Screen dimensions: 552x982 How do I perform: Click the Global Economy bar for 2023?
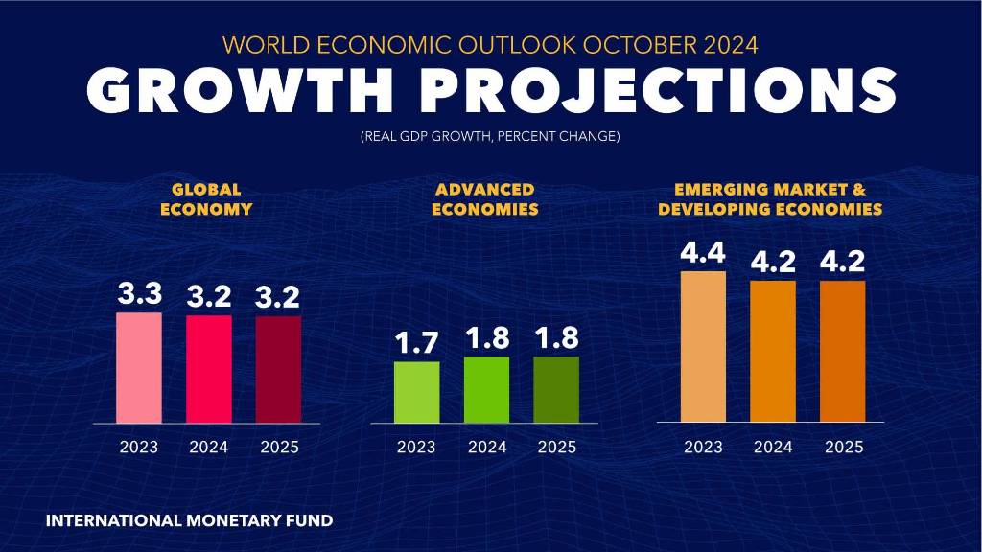click(x=139, y=368)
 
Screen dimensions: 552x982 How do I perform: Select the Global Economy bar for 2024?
click(x=209, y=369)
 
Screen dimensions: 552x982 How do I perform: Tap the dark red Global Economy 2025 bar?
click(x=278, y=369)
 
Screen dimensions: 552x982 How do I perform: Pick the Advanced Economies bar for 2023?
click(x=416, y=392)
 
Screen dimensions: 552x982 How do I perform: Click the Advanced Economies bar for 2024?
click(x=486, y=389)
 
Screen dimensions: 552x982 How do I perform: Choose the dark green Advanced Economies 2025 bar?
click(x=556, y=389)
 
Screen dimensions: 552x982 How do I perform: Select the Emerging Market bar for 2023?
click(x=703, y=347)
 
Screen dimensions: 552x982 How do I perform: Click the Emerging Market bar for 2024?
click(x=773, y=351)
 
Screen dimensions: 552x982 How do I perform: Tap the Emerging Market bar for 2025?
click(x=842, y=351)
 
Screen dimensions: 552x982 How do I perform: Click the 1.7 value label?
click(x=416, y=344)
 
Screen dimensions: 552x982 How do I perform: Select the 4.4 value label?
click(x=703, y=254)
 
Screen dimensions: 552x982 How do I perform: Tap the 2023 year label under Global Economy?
click(x=139, y=447)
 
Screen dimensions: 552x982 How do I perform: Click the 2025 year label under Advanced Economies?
click(x=556, y=447)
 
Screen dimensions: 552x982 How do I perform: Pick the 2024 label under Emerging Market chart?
click(x=773, y=447)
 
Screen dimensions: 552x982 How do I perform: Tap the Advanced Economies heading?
click(x=484, y=199)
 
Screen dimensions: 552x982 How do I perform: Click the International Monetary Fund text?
click(x=189, y=521)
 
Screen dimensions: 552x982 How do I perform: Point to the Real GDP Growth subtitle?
click(x=490, y=137)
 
